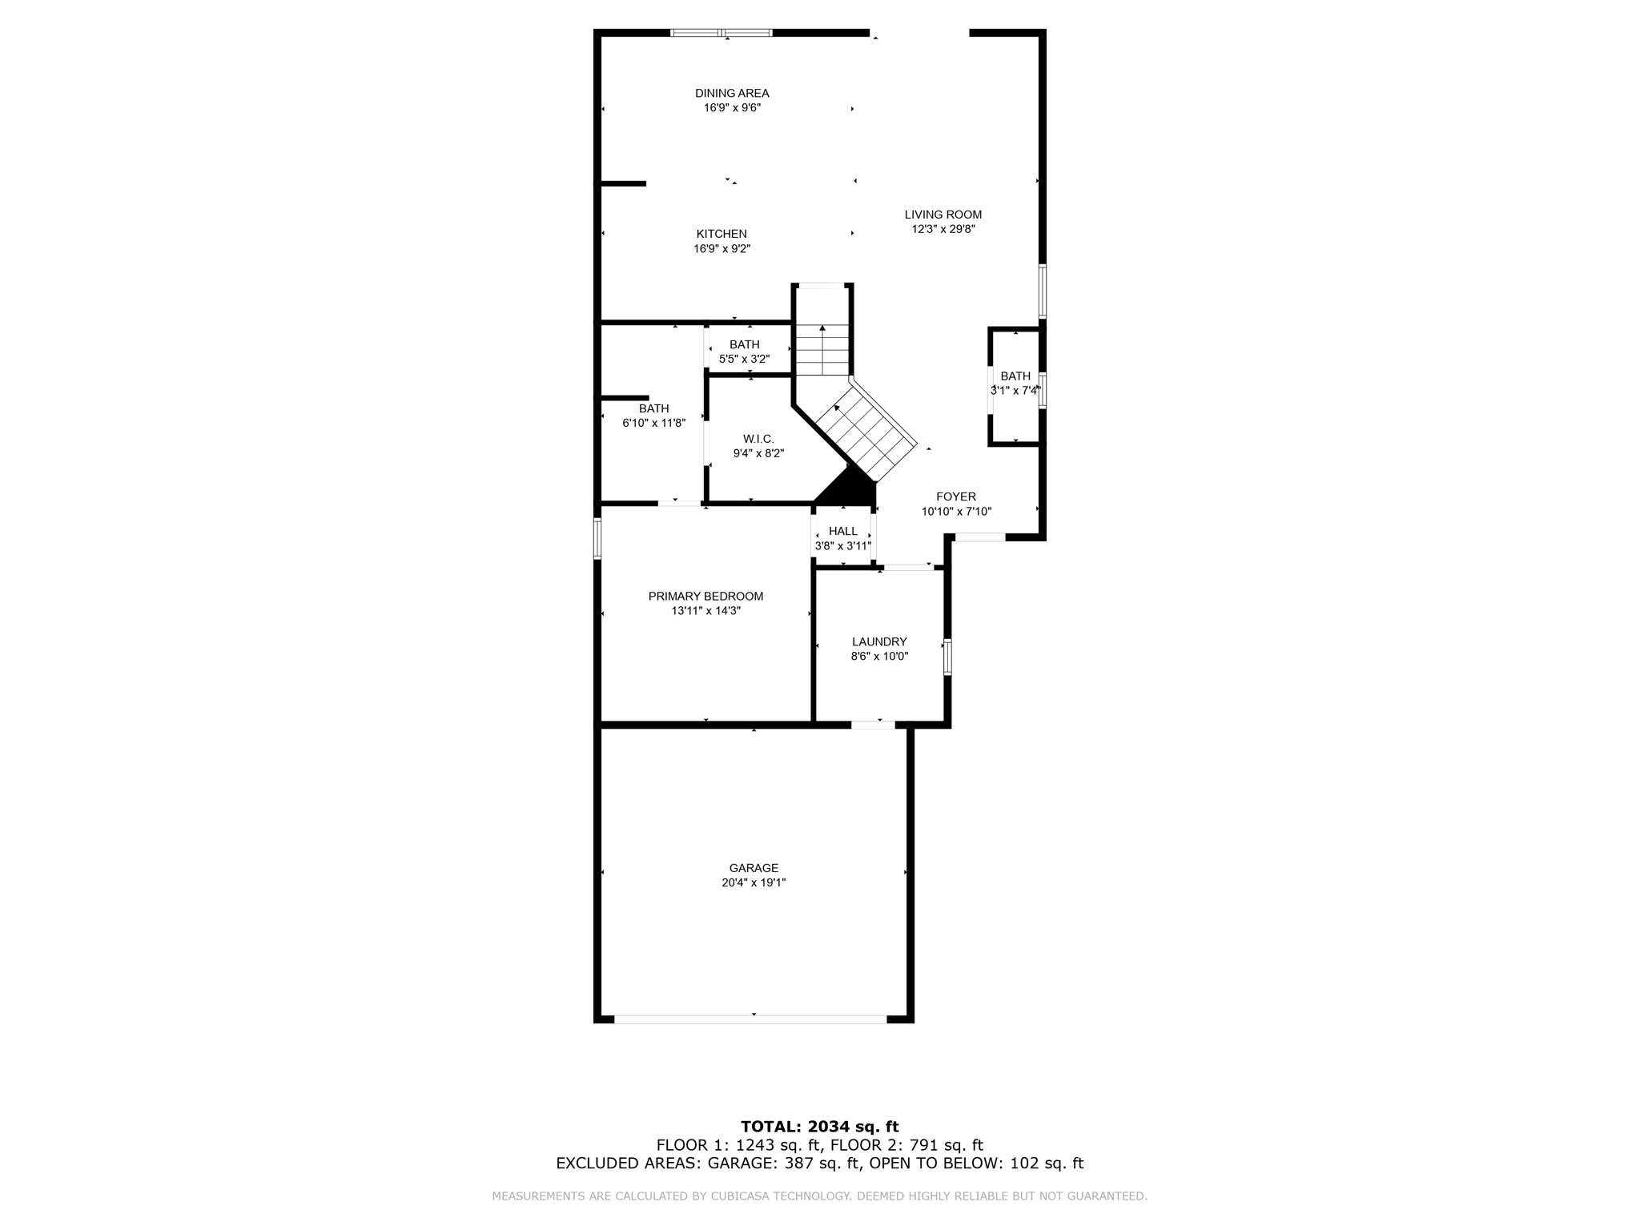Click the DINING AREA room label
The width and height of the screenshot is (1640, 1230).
coord(731,94)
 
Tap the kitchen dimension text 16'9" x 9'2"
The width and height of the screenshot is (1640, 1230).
coord(722,249)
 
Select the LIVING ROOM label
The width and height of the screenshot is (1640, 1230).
coord(943,215)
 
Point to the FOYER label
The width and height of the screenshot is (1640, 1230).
coord(955,496)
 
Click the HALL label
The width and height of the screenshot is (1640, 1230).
coord(842,531)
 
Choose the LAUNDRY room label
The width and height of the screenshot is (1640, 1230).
coord(878,641)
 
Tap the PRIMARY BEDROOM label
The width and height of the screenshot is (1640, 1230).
coord(705,596)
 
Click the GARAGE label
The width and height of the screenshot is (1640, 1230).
coord(753,868)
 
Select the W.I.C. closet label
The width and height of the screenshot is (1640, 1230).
coord(758,439)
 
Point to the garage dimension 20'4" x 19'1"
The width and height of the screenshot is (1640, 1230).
coord(753,882)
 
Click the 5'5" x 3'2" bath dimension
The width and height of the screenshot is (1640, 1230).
coord(744,360)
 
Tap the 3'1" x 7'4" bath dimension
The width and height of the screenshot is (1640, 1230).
coord(1015,391)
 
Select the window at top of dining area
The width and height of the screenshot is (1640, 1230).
coord(721,33)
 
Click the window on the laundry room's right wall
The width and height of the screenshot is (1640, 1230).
coord(947,657)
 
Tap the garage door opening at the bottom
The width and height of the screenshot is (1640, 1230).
coord(750,1019)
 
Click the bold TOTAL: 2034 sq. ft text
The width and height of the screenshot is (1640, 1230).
coord(819,1127)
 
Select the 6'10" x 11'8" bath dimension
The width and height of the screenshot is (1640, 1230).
coord(653,423)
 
